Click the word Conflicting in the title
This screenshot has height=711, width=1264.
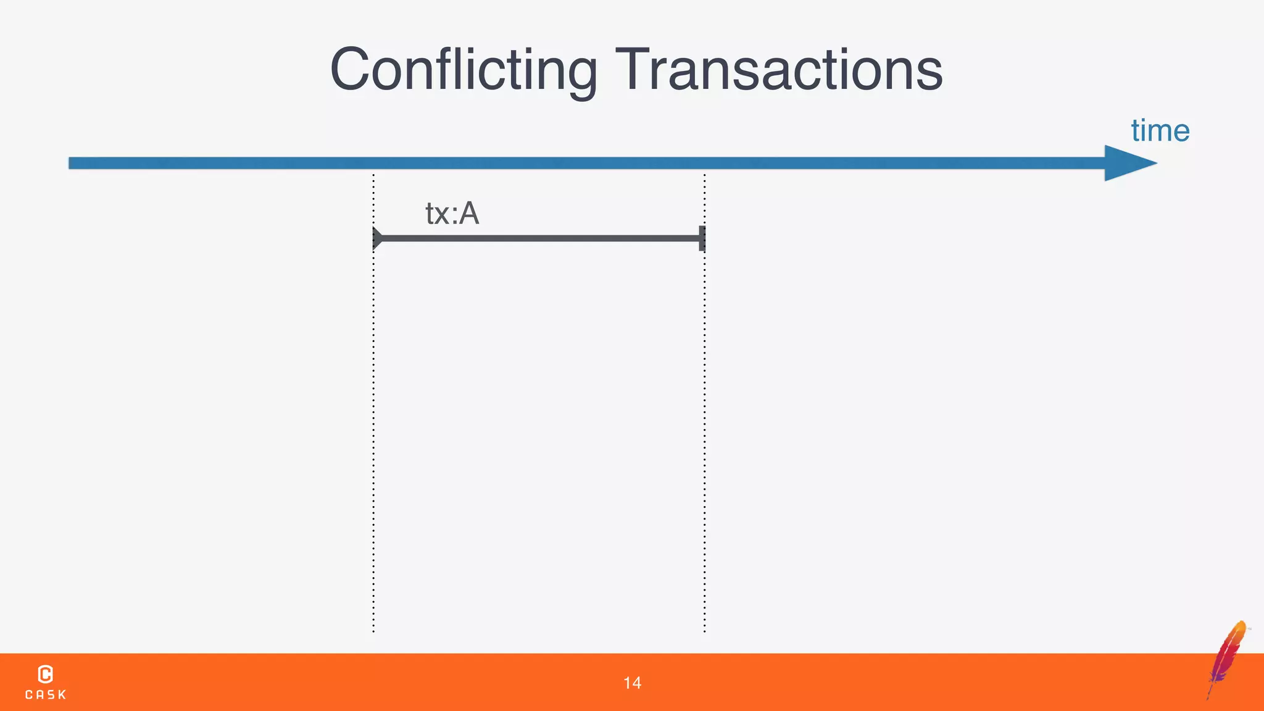[463, 70]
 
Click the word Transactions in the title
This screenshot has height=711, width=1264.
[779, 70]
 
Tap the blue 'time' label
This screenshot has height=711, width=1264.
[1160, 131]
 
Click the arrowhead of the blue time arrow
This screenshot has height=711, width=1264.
[1127, 164]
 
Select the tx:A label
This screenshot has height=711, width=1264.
[452, 214]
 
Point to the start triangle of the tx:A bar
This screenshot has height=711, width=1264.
[377, 238]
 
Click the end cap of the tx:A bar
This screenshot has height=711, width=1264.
[702, 238]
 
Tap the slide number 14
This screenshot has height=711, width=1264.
[632, 683]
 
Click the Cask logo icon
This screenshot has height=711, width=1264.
[45, 674]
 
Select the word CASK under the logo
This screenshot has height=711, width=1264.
[45, 695]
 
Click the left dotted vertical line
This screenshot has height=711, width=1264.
[373, 432]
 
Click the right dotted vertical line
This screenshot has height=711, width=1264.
[704, 432]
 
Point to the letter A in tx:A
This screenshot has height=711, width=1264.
[469, 214]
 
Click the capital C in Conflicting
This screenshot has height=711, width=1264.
[353, 70]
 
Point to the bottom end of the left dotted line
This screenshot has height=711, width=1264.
[373, 631]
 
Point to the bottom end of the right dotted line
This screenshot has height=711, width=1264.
[704, 631]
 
